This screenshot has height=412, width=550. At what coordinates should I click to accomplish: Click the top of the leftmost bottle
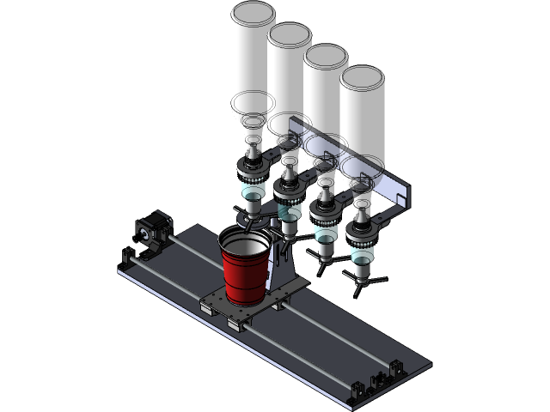(254, 15)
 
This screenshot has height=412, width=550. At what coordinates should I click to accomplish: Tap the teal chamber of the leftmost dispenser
(253, 203)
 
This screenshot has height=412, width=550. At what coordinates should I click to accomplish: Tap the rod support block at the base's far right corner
(396, 367)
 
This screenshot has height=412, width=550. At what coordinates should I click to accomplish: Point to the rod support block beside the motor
(129, 255)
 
